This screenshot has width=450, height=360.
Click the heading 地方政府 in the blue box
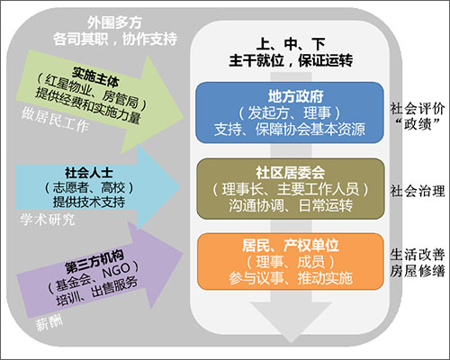click(x=295, y=96)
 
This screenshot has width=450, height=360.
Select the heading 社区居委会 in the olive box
click(x=291, y=173)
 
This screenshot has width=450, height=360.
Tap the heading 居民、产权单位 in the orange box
click(x=291, y=246)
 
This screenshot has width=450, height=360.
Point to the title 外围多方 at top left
click(x=115, y=22)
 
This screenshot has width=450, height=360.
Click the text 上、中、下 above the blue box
click(x=291, y=44)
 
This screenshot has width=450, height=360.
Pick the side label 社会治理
click(x=417, y=191)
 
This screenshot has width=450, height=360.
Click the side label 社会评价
click(x=417, y=109)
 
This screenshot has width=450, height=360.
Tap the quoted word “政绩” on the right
click(x=418, y=124)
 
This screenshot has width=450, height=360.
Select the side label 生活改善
click(x=417, y=255)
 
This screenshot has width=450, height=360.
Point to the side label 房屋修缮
click(x=417, y=271)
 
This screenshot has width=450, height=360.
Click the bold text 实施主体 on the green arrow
click(x=95, y=76)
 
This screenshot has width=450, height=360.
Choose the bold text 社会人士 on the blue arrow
click(x=89, y=173)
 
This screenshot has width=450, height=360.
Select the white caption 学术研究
click(x=47, y=220)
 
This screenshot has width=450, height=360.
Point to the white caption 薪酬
click(x=49, y=324)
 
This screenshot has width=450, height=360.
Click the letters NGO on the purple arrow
click(x=116, y=270)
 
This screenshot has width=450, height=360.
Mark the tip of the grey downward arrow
click(x=291, y=343)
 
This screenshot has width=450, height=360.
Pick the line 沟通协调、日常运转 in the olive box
click(x=291, y=206)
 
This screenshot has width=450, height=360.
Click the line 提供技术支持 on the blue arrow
click(x=89, y=202)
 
